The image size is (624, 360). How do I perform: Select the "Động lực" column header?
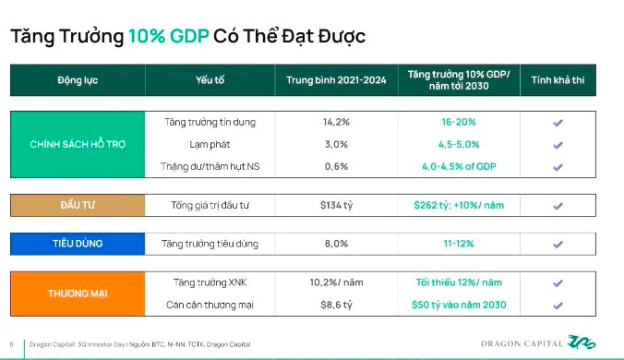tap(78, 79)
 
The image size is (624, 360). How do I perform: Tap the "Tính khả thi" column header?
tap(558, 79)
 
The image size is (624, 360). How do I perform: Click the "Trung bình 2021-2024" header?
tap(336, 79)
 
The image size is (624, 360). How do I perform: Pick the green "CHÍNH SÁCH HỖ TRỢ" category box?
tap(78, 145)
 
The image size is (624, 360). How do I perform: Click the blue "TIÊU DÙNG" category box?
tap(78, 244)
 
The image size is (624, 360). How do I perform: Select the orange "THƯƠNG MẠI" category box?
tap(78, 293)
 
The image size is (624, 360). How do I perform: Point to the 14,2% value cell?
tap(336, 122)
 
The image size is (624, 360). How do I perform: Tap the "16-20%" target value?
tap(459, 122)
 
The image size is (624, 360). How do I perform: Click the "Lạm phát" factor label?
tap(210, 145)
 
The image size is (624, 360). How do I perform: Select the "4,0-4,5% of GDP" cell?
tap(459, 167)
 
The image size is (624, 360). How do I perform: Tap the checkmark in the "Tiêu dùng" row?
tap(558, 245)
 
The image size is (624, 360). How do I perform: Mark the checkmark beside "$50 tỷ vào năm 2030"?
tap(558, 305)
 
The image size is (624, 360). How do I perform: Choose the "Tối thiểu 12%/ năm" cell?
tap(459, 282)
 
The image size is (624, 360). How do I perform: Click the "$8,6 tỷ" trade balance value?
tap(336, 305)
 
